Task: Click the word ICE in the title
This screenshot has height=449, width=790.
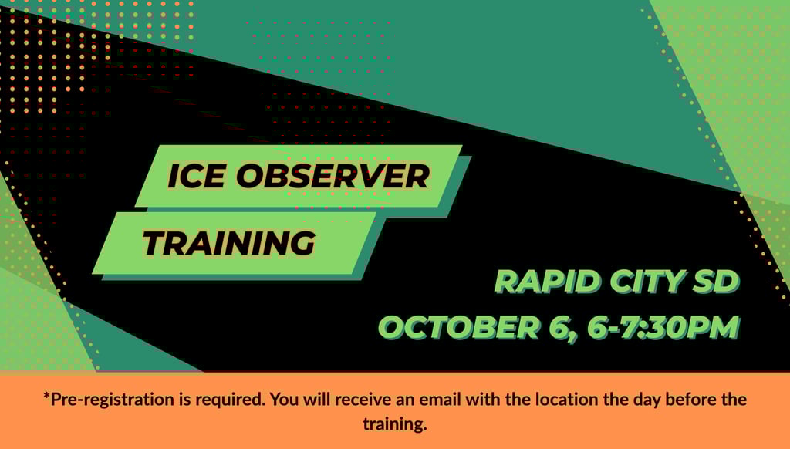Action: coord(197,176)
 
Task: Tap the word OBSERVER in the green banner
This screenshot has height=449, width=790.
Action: coord(333,176)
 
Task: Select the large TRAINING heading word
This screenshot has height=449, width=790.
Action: coord(229,243)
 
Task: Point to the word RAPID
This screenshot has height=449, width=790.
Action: coord(549,281)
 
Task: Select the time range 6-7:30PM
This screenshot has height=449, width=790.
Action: coord(663,327)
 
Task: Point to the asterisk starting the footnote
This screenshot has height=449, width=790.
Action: coord(46,397)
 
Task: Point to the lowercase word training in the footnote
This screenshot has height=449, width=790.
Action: coord(394,424)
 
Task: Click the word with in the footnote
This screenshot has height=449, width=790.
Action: coord(483,399)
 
